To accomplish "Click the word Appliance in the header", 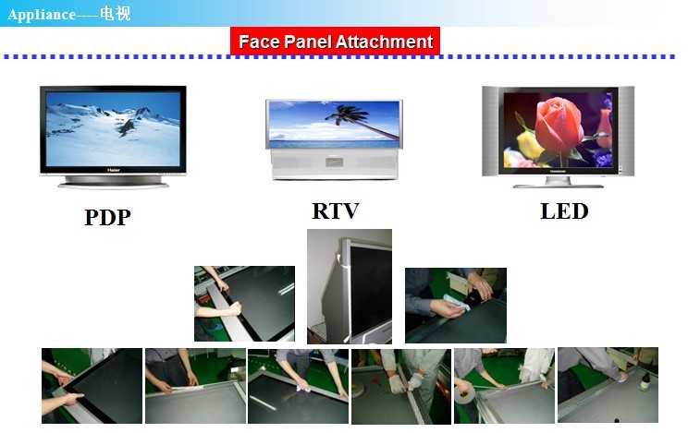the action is pyautogui.click(x=42, y=15).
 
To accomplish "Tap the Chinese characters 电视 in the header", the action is pyautogui.click(x=115, y=13).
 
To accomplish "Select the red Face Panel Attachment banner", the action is pyautogui.click(x=336, y=42).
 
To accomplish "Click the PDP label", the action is pyautogui.click(x=107, y=217).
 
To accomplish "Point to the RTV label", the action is pyautogui.click(x=336, y=210).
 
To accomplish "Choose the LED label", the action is pyautogui.click(x=564, y=211).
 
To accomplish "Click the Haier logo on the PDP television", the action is pyautogui.click(x=113, y=170).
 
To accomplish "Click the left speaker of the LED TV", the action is pyautogui.click(x=490, y=131).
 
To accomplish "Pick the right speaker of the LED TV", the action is pyautogui.click(x=627, y=131).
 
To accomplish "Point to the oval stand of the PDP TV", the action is pyautogui.click(x=113, y=183).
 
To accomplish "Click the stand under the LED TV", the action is pyautogui.click(x=559, y=183).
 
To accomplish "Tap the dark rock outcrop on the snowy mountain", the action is pyautogui.click(x=126, y=127).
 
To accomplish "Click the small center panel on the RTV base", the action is pyautogui.click(x=335, y=162).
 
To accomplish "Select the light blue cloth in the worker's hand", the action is pyautogui.click(x=456, y=302).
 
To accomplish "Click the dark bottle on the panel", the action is pyautogui.click(x=645, y=381).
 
